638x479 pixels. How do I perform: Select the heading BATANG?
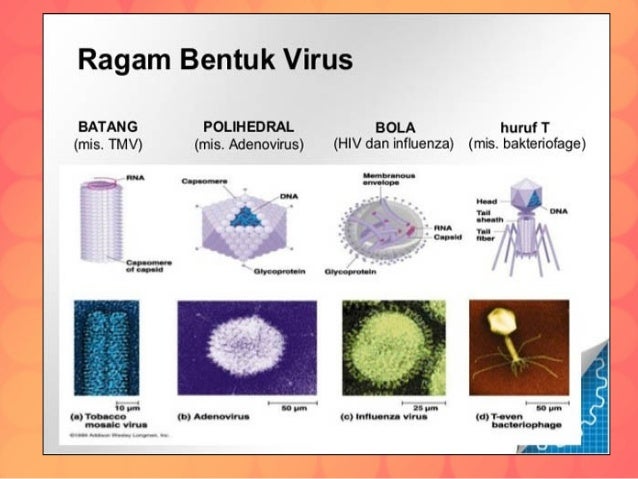[x=107, y=127]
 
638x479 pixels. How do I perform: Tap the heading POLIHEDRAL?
[x=248, y=127]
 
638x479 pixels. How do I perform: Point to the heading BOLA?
[x=393, y=128]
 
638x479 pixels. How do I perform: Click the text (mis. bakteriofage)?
[x=527, y=144]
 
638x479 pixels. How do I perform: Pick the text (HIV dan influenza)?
[x=393, y=144]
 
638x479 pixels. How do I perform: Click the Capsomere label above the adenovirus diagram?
[x=201, y=181]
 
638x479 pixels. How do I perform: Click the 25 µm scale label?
[x=422, y=408]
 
